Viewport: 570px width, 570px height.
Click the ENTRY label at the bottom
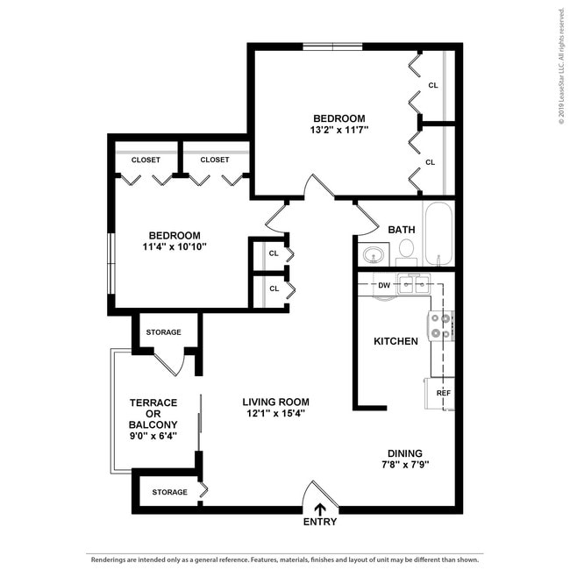[319, 522]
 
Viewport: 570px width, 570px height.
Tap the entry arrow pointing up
[320, 508]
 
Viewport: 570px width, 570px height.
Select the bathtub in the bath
[438, 234]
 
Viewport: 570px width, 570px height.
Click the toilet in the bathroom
[406, 251]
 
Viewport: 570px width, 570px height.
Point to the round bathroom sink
[374, 255]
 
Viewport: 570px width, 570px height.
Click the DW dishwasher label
[383, 285]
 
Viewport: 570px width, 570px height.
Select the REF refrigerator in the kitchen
[443, 393]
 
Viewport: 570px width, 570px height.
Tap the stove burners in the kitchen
[441, 327]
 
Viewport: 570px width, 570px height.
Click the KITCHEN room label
[395, 341]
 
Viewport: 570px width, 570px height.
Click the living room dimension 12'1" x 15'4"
[275, 414]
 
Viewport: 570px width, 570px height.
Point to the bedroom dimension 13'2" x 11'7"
[339, 130]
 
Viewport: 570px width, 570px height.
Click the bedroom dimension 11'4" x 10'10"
[174, 247]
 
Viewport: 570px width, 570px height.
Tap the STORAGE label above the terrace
[163, 332]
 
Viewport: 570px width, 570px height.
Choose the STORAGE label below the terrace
[169, 492]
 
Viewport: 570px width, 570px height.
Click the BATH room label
[402, 230]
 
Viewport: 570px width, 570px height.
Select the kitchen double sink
[413, 284]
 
